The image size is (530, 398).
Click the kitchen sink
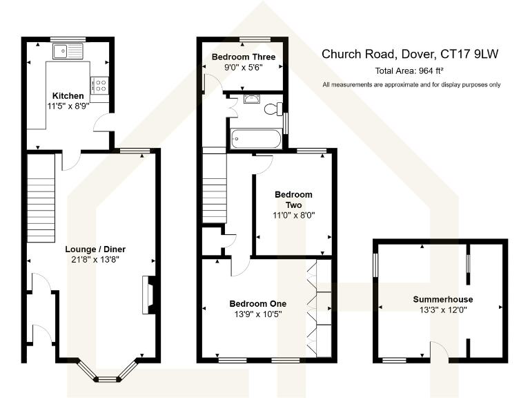(x=69, y=49)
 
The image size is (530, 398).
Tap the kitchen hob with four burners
(x=99, y=84)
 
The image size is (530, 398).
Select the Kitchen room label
(x=68, y=95)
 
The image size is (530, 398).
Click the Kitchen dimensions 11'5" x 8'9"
(x=68, y=107)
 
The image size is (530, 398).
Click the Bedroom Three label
(x=244, y=57)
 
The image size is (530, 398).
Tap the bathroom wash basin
(x=253, y=98)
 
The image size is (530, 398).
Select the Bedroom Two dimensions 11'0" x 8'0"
(x=293, y=216)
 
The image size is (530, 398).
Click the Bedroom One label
(x=257, y=303)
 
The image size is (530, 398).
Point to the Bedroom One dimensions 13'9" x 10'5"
(x=257, y=314)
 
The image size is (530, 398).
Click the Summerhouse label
(x=439, y=299)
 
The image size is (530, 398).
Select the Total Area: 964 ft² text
(x=409, y=71)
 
